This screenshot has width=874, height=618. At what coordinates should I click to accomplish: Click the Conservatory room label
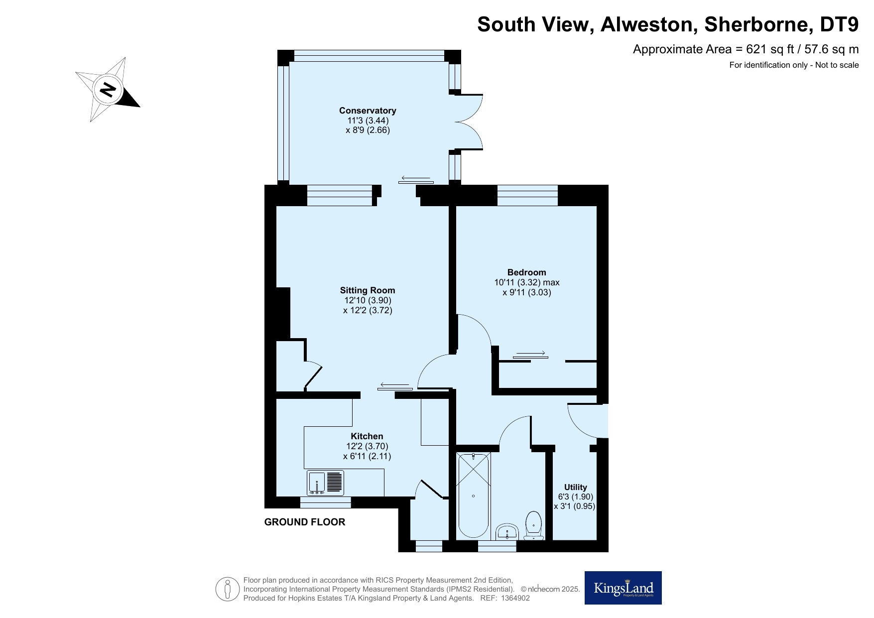click(368, 111)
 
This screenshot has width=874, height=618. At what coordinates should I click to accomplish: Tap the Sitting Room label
click(368, 290)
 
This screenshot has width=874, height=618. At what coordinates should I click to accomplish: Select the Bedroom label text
click(526, 272)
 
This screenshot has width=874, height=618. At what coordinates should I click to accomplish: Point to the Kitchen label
click(367, 437)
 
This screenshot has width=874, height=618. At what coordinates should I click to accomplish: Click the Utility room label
click(575, 488)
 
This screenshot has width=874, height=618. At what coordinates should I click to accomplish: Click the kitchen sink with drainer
click(326, 483)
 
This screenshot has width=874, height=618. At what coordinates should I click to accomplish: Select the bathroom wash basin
click(507, 531)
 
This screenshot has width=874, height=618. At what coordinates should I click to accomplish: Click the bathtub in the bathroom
click(473, 496)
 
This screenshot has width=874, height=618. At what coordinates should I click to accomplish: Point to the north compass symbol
click(108, 90)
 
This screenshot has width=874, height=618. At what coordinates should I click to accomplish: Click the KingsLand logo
click(623, 588)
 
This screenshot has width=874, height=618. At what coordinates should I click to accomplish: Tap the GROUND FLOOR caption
click(304, 522)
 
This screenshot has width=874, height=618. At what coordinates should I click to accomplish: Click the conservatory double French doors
click(469, 122)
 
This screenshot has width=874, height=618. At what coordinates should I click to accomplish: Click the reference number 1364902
click(515, 598)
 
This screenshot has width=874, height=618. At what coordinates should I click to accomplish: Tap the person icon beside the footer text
click(228, 589)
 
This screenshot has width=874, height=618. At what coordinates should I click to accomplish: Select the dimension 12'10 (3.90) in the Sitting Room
click(368, 300)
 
